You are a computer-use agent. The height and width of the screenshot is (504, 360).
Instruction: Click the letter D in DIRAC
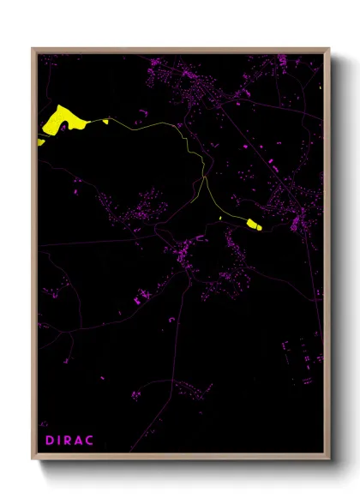[x=49, y=441]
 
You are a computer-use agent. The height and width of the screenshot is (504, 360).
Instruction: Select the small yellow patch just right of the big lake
[x=105, y=122]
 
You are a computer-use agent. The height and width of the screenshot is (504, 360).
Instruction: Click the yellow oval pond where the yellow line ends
[x=254, y=225]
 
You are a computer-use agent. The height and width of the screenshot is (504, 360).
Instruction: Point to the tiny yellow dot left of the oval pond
[x=221, y=218]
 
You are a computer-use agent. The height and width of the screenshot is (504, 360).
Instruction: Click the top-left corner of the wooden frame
[x=33, y=50]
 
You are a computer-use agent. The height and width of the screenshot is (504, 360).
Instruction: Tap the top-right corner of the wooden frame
[x=329, y=50]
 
